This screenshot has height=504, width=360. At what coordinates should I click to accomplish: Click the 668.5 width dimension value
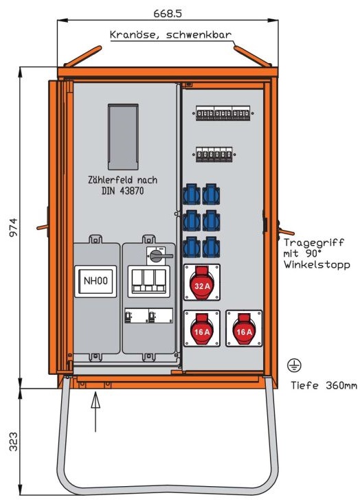click(x=168, y=14)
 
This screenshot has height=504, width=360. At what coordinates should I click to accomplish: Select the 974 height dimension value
click(x=14, y=227)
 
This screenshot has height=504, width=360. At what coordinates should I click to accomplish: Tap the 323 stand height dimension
click(x=14, y=442)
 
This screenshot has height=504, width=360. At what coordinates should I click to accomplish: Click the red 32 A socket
click(x=202, y=282)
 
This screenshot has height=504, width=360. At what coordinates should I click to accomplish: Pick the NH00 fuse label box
click(x=95, y=281)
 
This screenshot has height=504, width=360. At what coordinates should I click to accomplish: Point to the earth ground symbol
click(x=294, y=365)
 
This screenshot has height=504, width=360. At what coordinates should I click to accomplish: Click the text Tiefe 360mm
click(x=324, y=385)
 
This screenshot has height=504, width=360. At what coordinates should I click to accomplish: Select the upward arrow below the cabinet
click(x=95, y=412)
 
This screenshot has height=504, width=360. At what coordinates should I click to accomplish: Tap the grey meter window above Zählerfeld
click(x=123, y=137)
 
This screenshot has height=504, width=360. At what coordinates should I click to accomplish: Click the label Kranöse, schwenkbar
click(x=170, y=35)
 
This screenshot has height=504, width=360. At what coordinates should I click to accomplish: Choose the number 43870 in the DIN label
click(x=132, y=191)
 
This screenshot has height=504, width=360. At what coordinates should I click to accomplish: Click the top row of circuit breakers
click(x=223, y=113)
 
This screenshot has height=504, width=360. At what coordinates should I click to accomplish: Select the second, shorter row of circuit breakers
click(x=214, y=154)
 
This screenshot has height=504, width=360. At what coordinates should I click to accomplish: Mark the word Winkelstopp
click(x=317, y=265)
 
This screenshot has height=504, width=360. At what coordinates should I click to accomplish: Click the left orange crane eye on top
click(x=83, y=56)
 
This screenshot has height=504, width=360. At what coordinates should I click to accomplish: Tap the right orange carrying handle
click(x=286, y=231)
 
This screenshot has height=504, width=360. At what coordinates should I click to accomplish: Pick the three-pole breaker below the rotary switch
click(x=148, y=281)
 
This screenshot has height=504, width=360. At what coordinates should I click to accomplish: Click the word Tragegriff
click(x=313, y=242)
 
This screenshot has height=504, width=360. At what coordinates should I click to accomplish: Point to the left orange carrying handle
click(x=43, y=227)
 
